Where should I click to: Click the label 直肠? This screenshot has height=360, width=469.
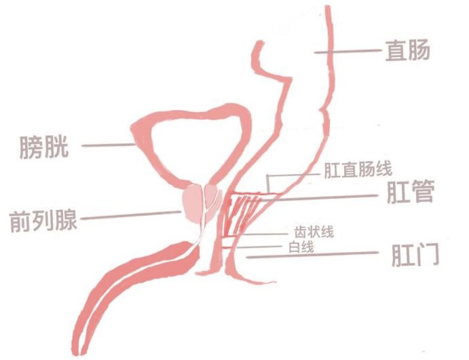point(407,50)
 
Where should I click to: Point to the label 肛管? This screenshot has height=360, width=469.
point(409,194)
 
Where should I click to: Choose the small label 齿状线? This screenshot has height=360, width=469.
point(312,232)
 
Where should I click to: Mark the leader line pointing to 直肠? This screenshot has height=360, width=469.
point(346,51)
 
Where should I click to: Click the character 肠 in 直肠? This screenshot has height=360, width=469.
point(419,50)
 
